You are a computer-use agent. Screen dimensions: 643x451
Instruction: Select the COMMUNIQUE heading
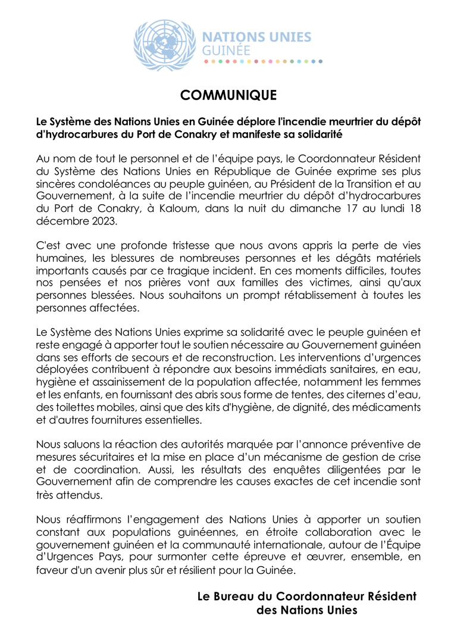(228, 95)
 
